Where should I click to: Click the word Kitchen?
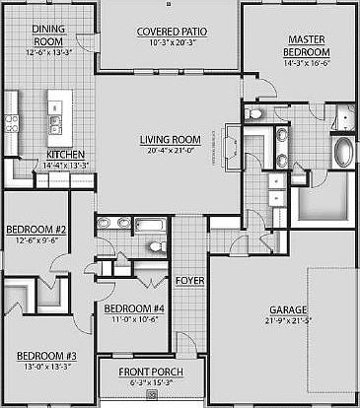pos(66,154)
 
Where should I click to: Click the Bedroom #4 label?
pos(133,308)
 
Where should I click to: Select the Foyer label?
pos(188,281)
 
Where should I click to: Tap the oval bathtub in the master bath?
pos(342,153)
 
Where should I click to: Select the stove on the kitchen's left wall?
pos(12,122)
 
